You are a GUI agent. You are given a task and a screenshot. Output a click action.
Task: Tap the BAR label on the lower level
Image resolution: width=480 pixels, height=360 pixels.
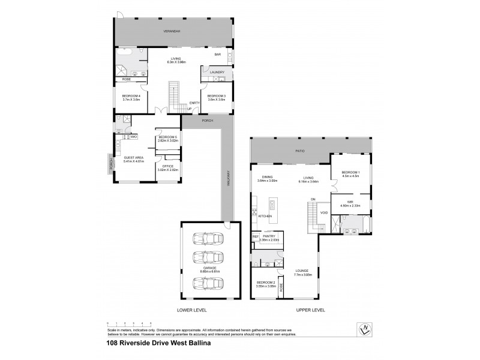pos(217,55)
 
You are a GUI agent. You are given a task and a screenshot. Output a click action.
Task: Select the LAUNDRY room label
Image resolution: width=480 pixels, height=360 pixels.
pos(216,73)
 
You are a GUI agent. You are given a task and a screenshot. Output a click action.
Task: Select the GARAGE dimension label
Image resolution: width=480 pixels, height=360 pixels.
pos(206,271)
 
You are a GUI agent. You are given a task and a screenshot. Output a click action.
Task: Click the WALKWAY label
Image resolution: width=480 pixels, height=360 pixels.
pos(228,180)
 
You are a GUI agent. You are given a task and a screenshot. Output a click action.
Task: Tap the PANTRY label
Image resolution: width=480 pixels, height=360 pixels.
pos(269,237)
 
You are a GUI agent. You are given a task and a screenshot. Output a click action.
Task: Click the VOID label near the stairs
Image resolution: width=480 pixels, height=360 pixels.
pos(324,213)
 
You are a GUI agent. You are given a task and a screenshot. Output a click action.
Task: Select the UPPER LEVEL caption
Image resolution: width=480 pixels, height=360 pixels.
pos(310,310)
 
